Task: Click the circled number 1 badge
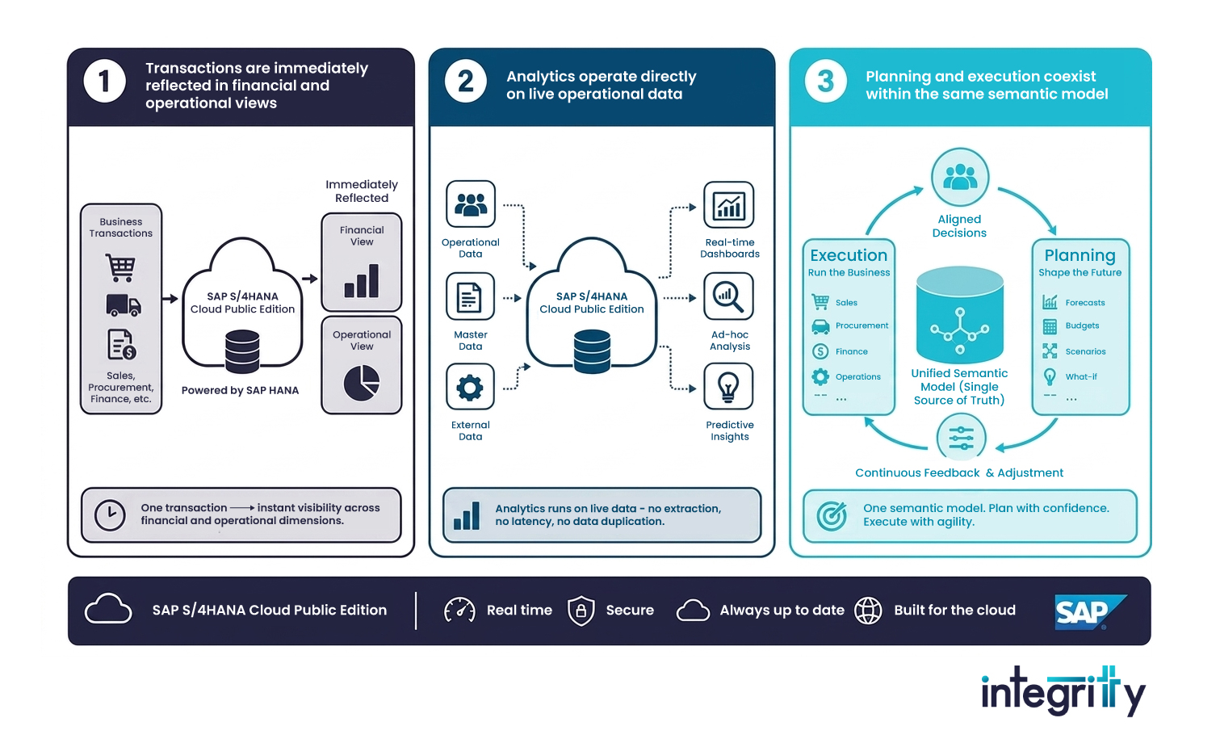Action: (x=104, y=82)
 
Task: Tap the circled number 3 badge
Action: (x=825, y=82)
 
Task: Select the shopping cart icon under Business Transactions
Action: (x=121, y=267)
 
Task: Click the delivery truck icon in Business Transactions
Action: (x=123, y=305)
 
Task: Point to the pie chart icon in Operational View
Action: (x=362, y=383)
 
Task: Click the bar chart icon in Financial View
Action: (x=362, y=281)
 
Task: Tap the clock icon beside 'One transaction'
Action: (x=110, y=515)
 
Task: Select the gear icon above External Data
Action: (x=470, y=388)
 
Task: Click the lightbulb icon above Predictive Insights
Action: (x=728, y=387)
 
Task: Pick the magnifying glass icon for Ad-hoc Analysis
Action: (x=728, y=296)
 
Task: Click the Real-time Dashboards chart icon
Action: (x=728, y=205)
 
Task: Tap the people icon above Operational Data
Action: (x=470, y=204)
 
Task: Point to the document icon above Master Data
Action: (x=470, y=296)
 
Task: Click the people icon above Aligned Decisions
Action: (x=960, y=177)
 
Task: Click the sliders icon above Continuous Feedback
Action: (x=961, y=438)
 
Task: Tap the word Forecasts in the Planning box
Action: (x=1085, y=303)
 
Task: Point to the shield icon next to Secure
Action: (x=581, y=611)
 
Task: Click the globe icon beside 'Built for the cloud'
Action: (x=868, y=611)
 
